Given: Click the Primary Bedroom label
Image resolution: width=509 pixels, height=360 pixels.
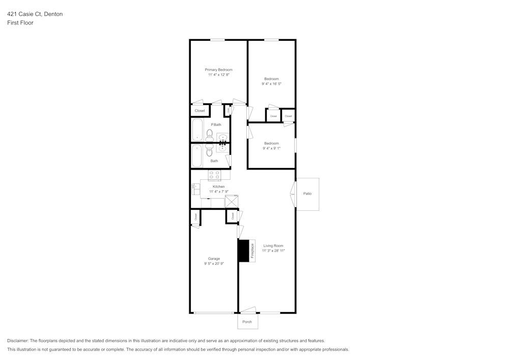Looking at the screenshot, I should click(218, 70).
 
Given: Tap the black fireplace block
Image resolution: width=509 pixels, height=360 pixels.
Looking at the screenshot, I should click(243, 251).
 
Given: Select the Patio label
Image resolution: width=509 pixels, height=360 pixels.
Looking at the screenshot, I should click(307, 194).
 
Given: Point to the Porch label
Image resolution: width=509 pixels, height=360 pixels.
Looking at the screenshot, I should click(247, 322).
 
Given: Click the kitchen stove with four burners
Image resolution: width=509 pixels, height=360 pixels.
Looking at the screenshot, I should click(214, 175).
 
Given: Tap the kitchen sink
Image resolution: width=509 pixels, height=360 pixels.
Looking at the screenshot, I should click(195, 189).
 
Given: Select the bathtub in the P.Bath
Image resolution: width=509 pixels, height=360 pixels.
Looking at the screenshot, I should click(197, 130).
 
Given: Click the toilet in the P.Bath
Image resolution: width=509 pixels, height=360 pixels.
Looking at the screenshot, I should click(209, 135).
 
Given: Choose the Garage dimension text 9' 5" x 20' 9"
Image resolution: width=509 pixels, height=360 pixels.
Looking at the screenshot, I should click(214, 264).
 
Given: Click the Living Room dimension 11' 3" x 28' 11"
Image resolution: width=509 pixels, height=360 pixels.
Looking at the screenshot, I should click(273, 251).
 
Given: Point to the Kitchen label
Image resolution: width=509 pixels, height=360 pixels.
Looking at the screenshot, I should click(218, 187).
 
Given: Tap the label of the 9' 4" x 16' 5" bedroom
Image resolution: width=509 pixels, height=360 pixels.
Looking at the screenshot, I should click(271, 79).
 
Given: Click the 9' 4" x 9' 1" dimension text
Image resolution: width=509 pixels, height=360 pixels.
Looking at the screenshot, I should click(271, 148).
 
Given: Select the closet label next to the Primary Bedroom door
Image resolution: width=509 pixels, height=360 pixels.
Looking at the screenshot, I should click(200, 110).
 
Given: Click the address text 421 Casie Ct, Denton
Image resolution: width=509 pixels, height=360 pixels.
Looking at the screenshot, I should click(35, 14).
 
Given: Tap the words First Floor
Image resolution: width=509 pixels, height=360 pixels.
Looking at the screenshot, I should click(20, 23).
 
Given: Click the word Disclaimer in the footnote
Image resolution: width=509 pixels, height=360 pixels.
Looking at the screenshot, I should click(18, 341).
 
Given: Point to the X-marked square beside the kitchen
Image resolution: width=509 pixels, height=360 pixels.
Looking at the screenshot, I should click(232, 202).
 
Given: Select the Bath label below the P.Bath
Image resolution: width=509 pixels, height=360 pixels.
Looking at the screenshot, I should click(214, 161).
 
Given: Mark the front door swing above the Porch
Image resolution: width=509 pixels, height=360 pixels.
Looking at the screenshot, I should click(248, 310).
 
